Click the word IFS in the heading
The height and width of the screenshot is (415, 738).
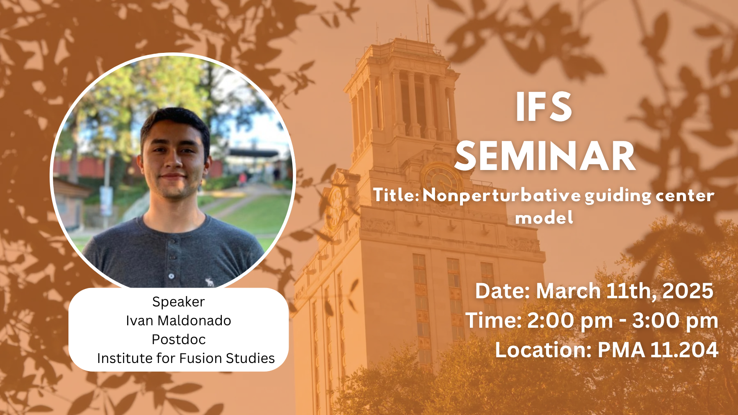544,107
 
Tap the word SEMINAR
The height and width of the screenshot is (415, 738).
545,156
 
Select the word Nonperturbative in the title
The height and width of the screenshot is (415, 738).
501,195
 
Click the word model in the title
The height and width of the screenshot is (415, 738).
544,218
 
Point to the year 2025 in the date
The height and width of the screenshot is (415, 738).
688,291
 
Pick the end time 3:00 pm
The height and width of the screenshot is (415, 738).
675,320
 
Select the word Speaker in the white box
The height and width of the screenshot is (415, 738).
178,302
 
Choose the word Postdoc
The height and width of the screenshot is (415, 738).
178,339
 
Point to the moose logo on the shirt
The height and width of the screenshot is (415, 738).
210,282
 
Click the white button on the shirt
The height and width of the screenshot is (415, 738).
171,276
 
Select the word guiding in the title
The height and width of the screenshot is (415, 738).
618,196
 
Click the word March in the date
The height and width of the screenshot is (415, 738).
568,291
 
